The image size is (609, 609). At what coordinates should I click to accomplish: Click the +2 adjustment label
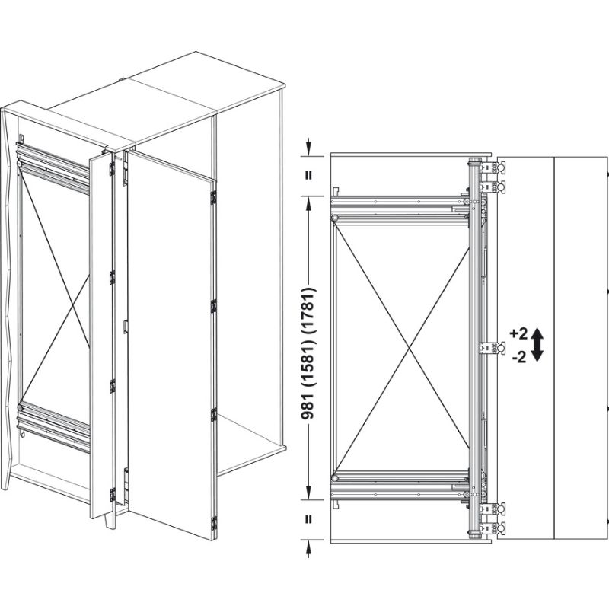coord(519,333)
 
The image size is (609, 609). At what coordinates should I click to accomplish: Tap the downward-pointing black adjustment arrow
coord(537,355)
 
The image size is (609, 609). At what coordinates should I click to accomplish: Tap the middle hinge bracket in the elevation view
coord(493,348)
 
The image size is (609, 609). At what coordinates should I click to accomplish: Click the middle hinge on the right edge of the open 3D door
coord(213,306)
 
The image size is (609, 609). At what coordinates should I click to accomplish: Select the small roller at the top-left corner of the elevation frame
coord(336,218)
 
